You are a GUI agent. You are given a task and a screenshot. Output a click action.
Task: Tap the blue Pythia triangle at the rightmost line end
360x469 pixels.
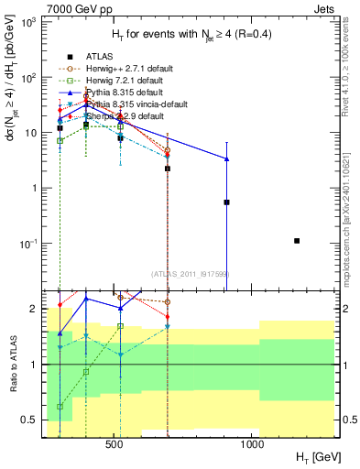[x=226, y=159]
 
